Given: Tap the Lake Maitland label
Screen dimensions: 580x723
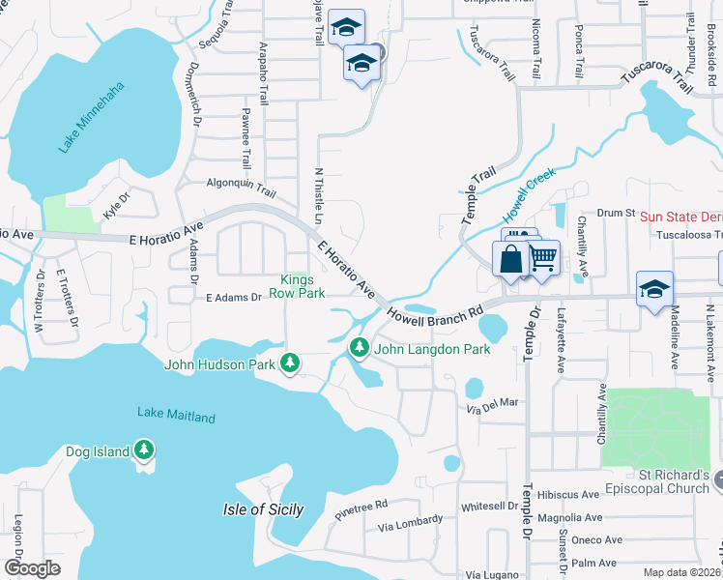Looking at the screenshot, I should click(x=176, y=416).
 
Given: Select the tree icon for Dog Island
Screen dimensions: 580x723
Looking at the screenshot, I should click(x=144, y=449).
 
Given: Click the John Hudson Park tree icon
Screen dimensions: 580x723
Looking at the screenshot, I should click(x=289, y=362).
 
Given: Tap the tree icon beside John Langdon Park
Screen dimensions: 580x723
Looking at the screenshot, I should click(x=360, y=346).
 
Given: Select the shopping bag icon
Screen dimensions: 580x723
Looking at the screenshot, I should click(x=510, y=259).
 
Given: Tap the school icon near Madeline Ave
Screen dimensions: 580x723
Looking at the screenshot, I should click(x=654, y=288).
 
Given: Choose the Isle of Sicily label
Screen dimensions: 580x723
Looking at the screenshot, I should click(x=263, y=509).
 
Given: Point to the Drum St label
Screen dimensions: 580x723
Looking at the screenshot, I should click(x=615, y=213).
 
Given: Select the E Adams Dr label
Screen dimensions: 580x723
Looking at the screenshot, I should click(x=234, y=297).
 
